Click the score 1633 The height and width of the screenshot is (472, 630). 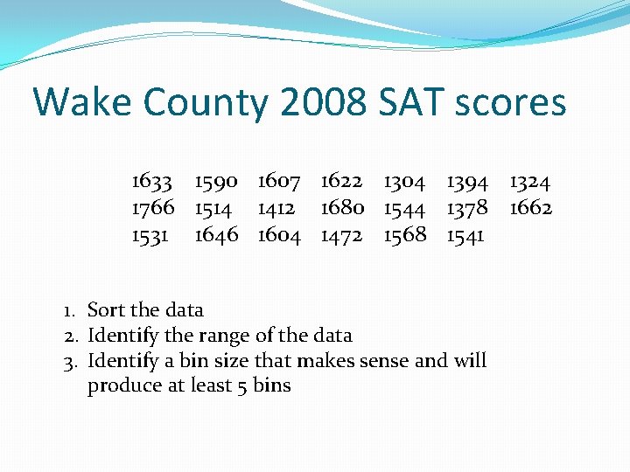[152, 182]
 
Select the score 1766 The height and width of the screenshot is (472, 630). [152, 208]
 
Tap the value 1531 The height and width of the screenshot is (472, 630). [150, 234]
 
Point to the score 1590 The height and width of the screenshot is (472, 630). [216, 182]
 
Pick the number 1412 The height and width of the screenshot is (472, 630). [276, 208]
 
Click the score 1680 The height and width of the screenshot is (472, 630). [342, 208]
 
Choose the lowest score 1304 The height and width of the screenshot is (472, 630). [404, 182]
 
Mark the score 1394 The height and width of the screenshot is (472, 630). [467, 182]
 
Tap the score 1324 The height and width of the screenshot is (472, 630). [530, 182]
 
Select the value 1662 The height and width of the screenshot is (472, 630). [530, 208]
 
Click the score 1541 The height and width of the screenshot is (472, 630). [465, 234]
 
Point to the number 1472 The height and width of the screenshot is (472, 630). [341, 234]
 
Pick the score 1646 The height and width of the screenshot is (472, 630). [216, 234]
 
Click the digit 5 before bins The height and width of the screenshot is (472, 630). [241, 385]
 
